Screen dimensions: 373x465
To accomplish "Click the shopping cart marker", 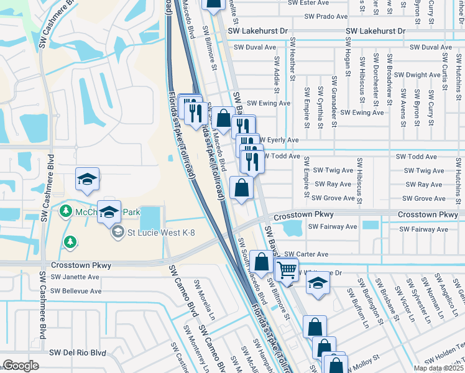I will pos(286,270).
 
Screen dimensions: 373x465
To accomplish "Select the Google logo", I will pos(21,366).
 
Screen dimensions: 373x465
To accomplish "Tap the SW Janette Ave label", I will pos(75,277).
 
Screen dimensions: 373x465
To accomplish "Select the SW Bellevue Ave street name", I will pos(76,291).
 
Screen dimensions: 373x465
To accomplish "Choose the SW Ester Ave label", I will pos(308,2).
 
